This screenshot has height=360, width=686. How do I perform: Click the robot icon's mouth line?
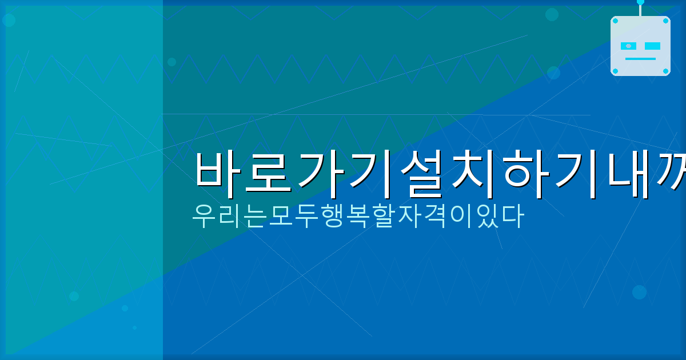pyautogui.click(x=640, y=59)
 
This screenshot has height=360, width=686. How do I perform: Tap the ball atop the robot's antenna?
pyautogui.click(x=640, y=2)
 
